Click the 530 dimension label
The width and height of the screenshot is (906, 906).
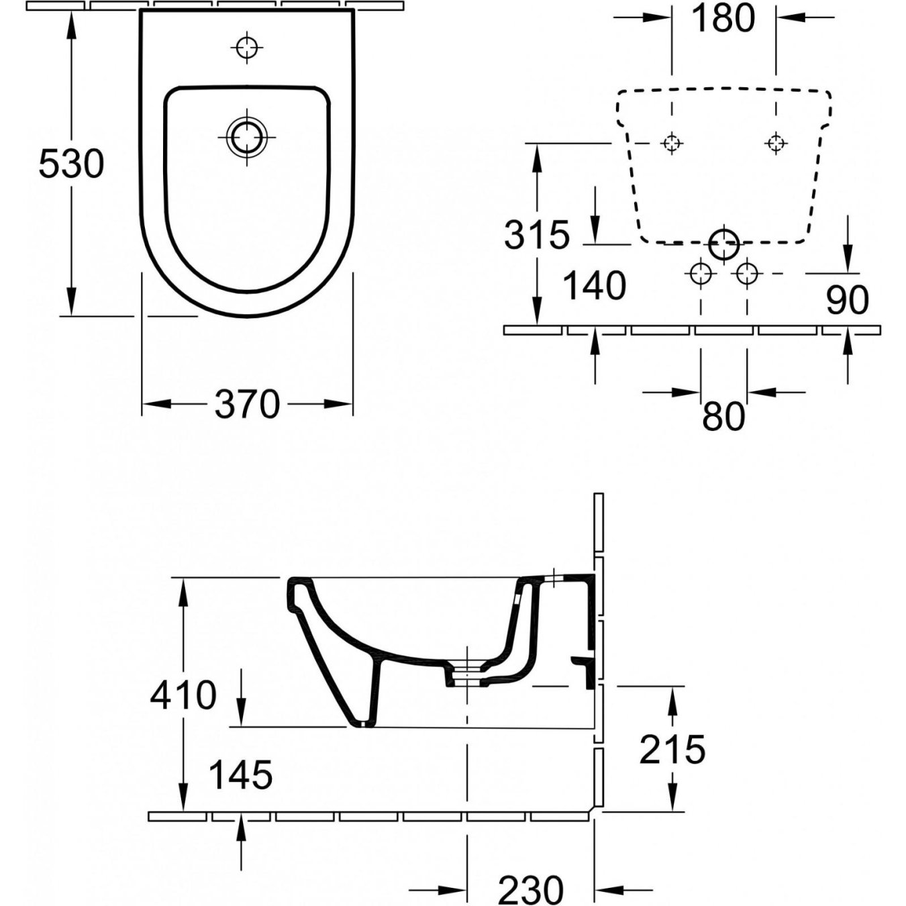pos(71,164)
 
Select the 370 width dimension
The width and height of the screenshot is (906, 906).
pos(247,405)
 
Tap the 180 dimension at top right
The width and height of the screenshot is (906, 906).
pos(723,19)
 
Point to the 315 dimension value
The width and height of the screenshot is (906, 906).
pos(537,235)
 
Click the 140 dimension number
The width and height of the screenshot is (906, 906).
pos(594,286)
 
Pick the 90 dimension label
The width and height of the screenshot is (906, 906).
pos(847,301)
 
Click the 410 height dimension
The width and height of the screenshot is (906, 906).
pos(183,695)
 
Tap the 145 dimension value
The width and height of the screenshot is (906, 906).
pos(241,776)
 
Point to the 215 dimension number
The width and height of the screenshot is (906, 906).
pos(672,750)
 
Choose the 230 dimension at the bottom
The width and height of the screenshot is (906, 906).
pos(531,890)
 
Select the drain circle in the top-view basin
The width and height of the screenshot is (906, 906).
pos(247,137)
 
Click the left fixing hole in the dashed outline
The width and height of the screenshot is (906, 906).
pos(671,143)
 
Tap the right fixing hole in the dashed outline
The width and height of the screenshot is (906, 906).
pos(776,143)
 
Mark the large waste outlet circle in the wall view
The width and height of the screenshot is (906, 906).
pos(723,244)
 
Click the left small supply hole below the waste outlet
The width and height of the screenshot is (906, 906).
pos(700,273)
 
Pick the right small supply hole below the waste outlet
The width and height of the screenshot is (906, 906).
pos(747,273)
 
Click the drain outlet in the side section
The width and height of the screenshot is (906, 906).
pos(466,673)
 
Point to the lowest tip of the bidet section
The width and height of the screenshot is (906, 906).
pos(361,724)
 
